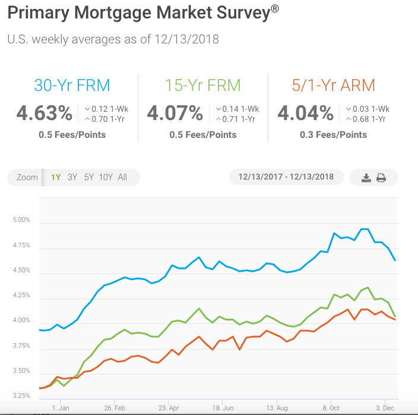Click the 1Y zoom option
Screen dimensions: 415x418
(x=56, y=177)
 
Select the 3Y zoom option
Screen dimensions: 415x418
(x=72, y=177)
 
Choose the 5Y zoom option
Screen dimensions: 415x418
(x=88, y=177)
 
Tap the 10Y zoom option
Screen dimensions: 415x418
(x=106, y=177)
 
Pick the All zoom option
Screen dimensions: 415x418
(x=122, y=177)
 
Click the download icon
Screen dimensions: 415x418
(x=366, y=178)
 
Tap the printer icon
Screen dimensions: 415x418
(x=381, y=178)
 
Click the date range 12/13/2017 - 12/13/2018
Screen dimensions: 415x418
(x=286, y=177)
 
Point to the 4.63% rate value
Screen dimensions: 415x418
(x=44, y=113)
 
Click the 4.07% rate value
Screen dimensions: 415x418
(x=175, y=113)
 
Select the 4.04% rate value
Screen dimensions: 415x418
(x=305, y=113)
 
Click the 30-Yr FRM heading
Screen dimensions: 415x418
(x=72, y=85)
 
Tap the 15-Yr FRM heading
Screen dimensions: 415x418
(x=202, y=85)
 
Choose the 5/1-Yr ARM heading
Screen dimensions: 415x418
(x=334, y=85)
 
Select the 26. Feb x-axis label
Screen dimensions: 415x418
(x=114, y=408)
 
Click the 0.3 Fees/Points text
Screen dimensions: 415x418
(x=334, y=135)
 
